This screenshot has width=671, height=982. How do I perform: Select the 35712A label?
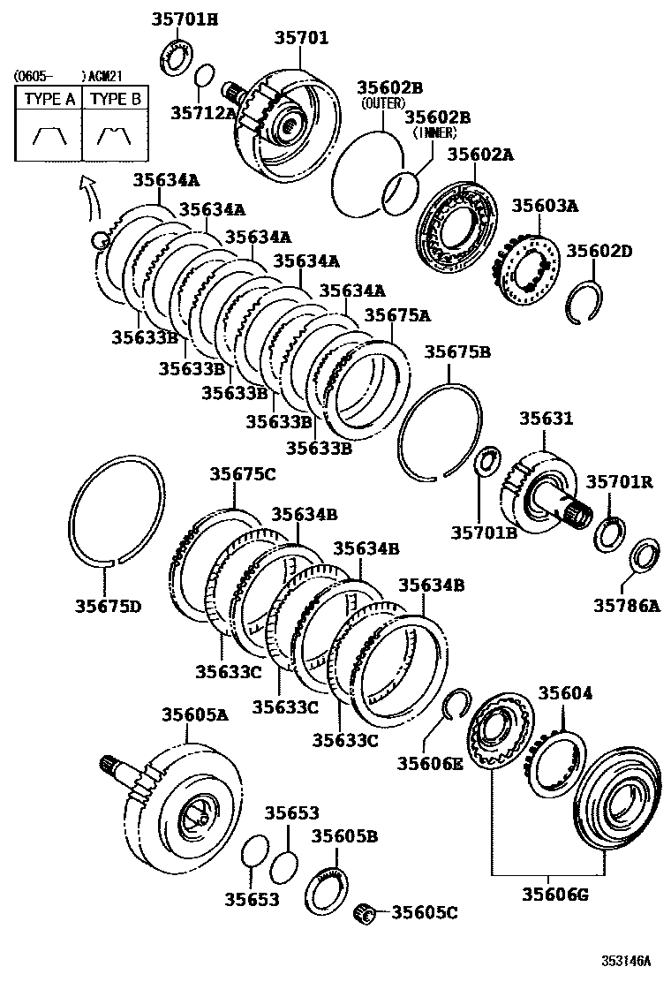[203, 112]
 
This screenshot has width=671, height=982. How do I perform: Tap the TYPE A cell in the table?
[49, 99]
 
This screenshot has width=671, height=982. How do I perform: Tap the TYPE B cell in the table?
[116, 99]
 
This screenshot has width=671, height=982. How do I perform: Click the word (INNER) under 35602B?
[433, 132]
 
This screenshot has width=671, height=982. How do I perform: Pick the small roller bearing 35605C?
[366, 911]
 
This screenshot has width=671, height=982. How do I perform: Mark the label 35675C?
[242, 474]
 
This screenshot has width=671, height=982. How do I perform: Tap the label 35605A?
[194, 714]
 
